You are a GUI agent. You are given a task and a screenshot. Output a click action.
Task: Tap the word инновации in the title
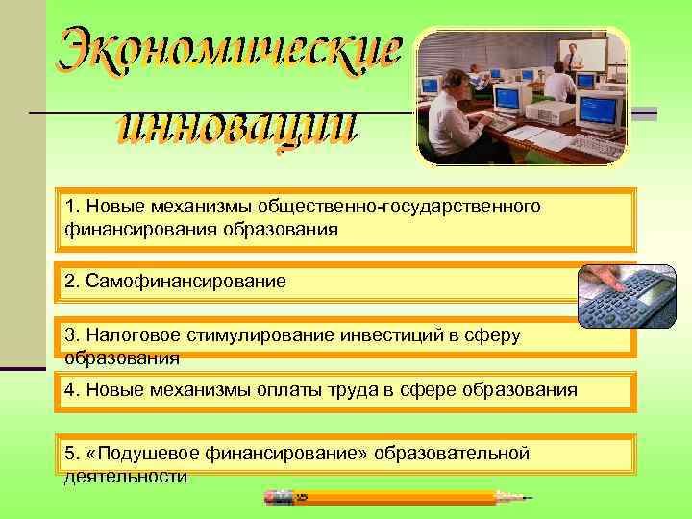[235, 129]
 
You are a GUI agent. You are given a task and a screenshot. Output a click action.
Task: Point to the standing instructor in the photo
[575, 60]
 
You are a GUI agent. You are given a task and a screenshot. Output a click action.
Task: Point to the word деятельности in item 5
[125, 476]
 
